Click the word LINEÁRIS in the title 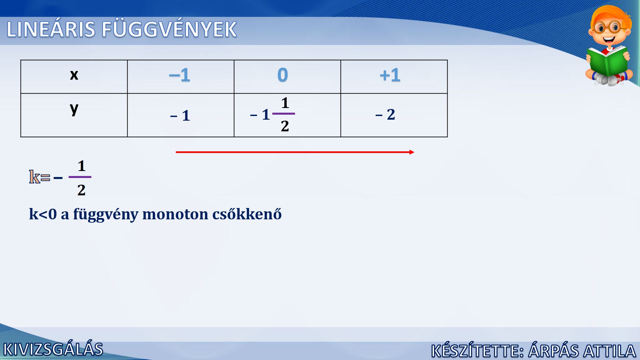tap(51, 29)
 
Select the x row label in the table tap(74, 75)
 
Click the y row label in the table tap(74, 109)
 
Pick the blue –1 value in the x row tap(180, 75)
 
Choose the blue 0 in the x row tap(283, 75)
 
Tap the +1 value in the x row tap(390, 75)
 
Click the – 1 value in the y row tap(180, 116)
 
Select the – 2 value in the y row tap(385, 114)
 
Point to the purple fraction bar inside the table tap(284, 114)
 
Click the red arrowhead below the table tap(412, 152)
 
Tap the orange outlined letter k tap(34, 177)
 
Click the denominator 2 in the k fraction tap(81, 190)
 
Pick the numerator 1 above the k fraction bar tap(82, 166)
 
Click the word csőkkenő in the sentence tap(247, 214)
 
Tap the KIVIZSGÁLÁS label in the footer tap(53, 349)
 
